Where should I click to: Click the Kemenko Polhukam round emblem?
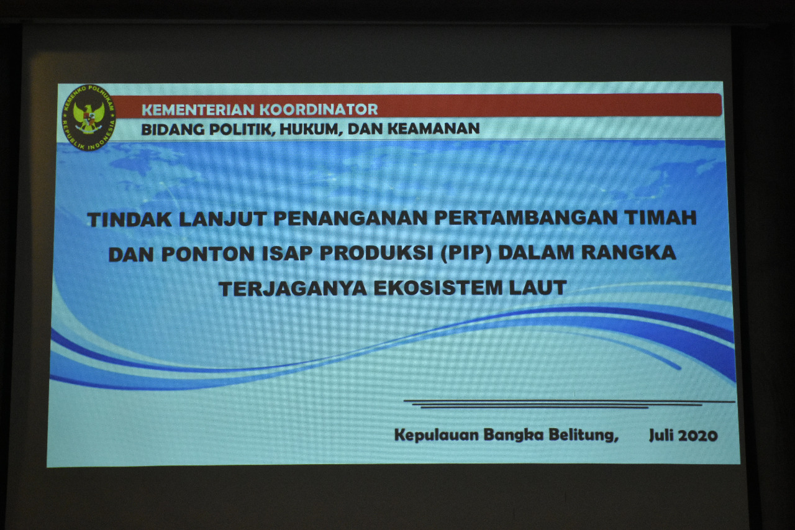pyautogui.click(x=89, y=117)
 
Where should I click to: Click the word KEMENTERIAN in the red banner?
pyautogui.click(x=199, y=110)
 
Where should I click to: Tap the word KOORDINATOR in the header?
pyautogui.click(x=319, y=109)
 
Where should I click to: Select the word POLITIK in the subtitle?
pyautogui.click(x=242, y=130)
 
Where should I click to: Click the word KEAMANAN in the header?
pyautogui.click(x=434, y=129)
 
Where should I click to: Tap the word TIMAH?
pyautogui.click(x=660, y=217)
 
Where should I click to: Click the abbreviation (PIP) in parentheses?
pyautogui.click(x=466, y=253)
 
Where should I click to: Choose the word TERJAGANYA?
pyautogui.click(x=293, y=288)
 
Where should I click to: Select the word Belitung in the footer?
pyautogui.click(x=583, y=435)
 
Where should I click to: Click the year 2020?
pyautogui.click(x=697, y=436)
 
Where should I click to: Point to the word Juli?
pyautogui.click(x=661, y=435)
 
